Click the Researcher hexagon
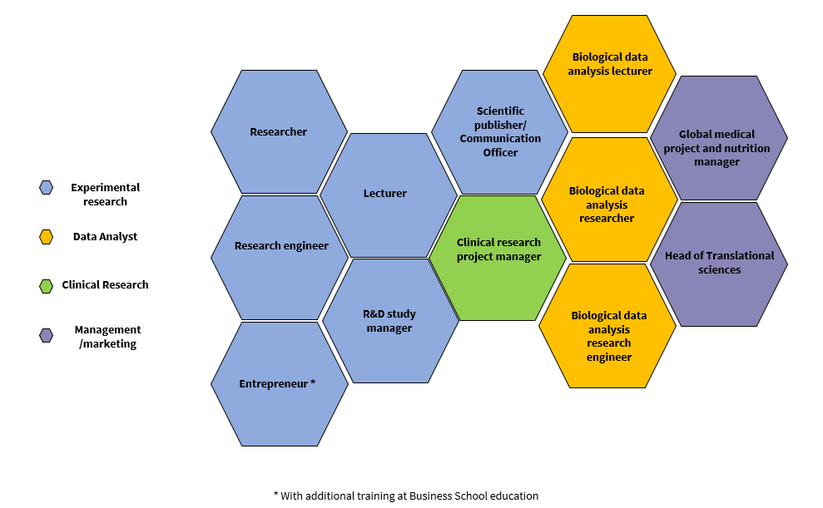click(279, 131)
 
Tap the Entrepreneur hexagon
click(280, 383)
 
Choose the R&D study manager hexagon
click(390, 321)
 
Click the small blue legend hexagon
click(47, 188)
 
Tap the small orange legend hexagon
click(47, 237)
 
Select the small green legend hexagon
click(47, 285)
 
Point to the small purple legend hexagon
click(47, 335)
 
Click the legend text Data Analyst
click(105, 237)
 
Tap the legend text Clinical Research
click(105, 285)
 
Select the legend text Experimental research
click(105, 195)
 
